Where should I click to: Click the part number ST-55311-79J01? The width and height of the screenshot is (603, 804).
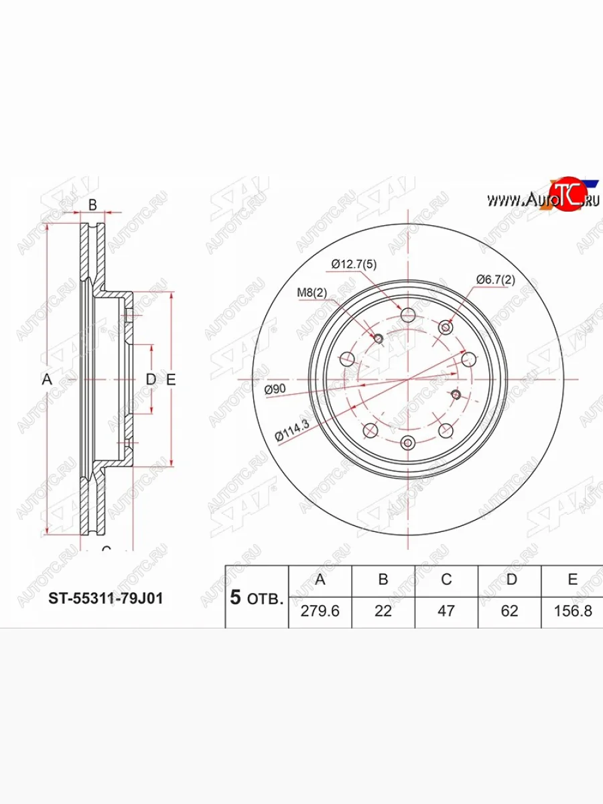click(105, 598)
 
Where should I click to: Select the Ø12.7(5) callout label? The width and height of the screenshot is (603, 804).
click(354, 265)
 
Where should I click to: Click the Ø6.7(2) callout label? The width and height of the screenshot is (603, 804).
click(495, 279)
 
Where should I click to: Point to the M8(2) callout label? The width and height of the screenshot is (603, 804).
click(312, 293)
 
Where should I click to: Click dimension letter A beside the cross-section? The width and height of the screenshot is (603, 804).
click(46, 380)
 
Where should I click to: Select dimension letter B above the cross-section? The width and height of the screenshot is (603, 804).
click(93, 204)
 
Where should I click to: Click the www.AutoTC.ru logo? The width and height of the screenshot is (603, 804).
click(543, 198)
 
